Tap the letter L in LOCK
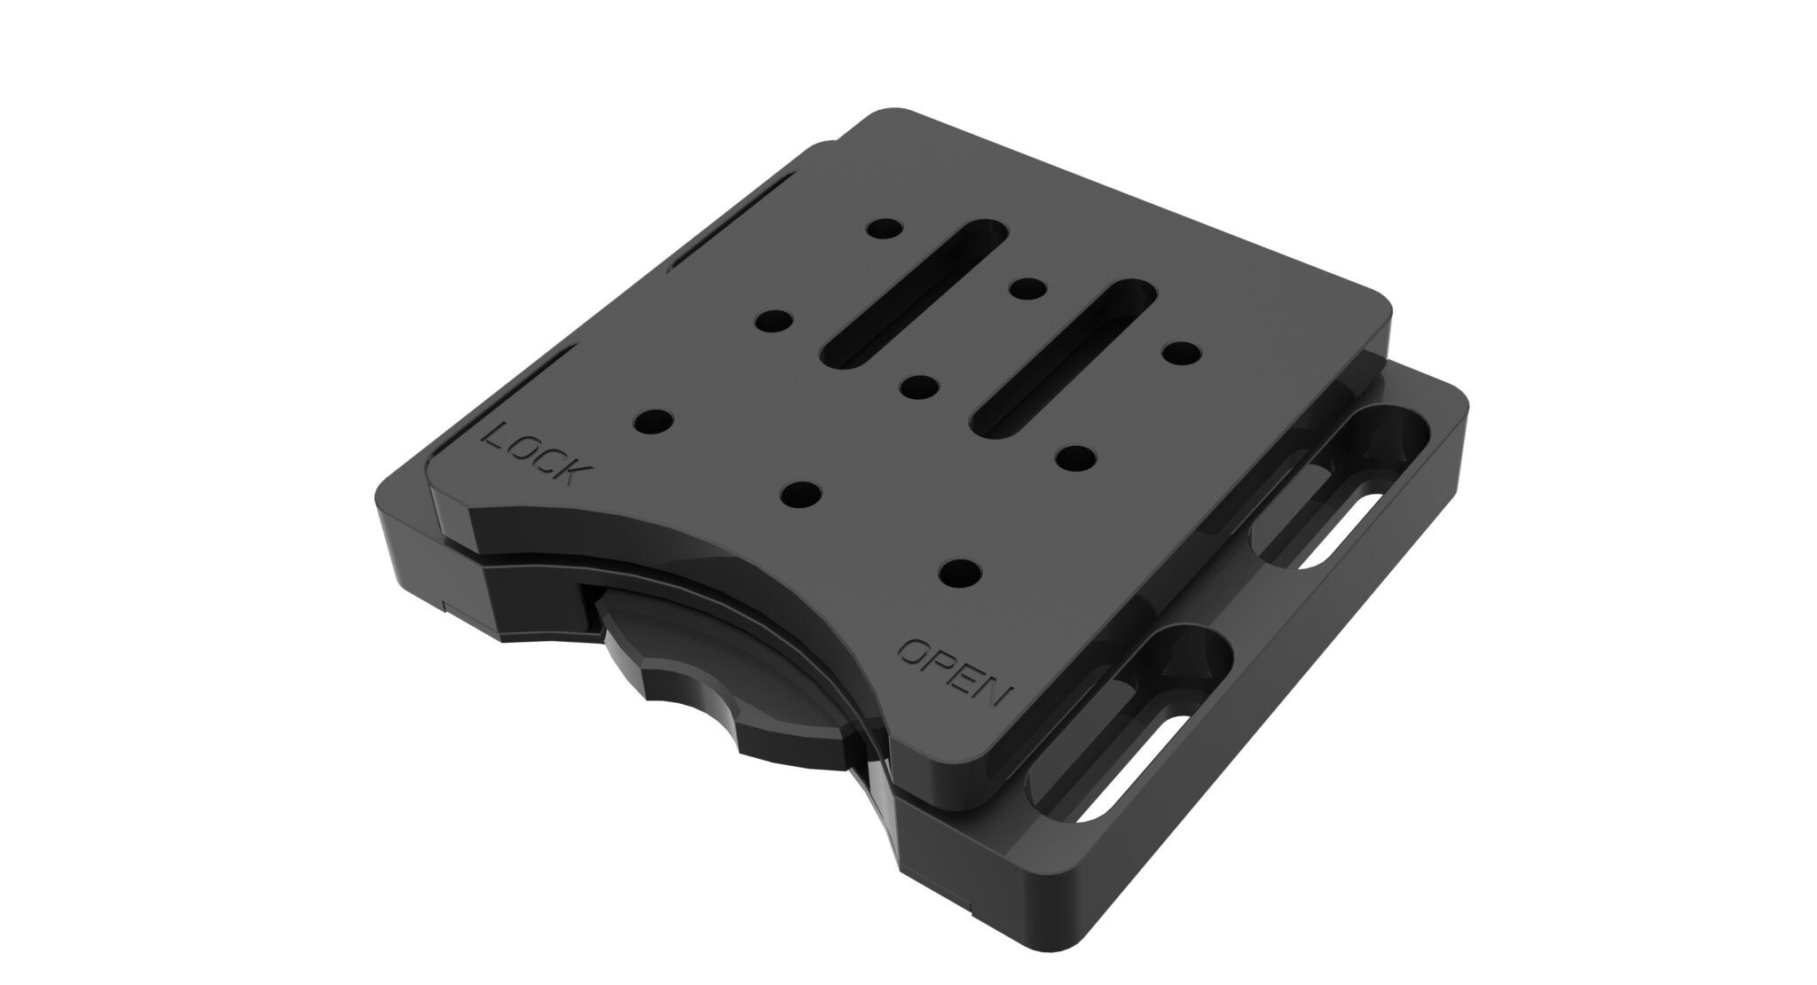coord(494,436)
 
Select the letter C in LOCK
coord(544,458)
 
